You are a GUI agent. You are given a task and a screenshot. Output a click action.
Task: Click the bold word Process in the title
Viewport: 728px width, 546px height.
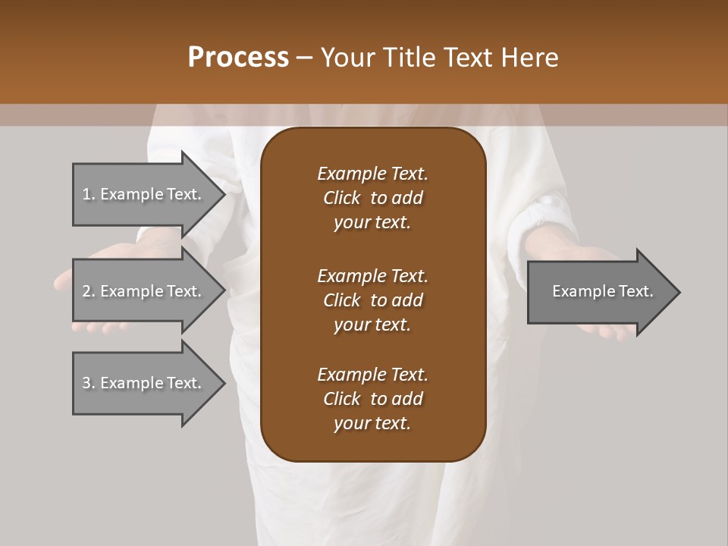pyautogui.click(x=238, y=57)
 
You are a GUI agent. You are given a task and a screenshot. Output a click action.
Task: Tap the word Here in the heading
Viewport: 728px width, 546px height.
pyautogui.click(x=528, y=57)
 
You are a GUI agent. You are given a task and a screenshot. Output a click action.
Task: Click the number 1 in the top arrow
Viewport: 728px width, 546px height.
pyautogui.click(x=86, y=194)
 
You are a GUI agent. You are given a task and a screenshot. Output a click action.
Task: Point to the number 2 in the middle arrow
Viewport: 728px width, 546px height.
pyautogui.click(x=86, y=291)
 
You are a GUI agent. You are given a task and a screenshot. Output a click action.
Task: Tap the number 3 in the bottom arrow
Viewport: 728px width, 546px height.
pyautogui.click(x=86, y=383)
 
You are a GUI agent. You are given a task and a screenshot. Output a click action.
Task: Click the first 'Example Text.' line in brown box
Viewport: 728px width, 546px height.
pyautogui.click(x=372, y=174)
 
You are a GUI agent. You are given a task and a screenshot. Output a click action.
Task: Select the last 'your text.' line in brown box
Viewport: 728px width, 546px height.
pyautogui.click(x=372, y=424)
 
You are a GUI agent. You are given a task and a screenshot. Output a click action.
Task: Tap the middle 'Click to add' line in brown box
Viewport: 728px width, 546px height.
pyautogui.click(x=372, y=300)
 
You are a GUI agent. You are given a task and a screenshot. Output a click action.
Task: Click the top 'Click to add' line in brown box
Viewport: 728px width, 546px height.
pyautogui.click(x=372, y=198)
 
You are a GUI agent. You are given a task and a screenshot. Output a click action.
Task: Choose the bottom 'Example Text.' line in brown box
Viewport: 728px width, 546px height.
pyautogui.click(x=372, y=375)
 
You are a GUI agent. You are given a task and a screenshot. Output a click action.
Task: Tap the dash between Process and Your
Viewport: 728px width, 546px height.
pyautogui.click(x=304, y=58)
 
